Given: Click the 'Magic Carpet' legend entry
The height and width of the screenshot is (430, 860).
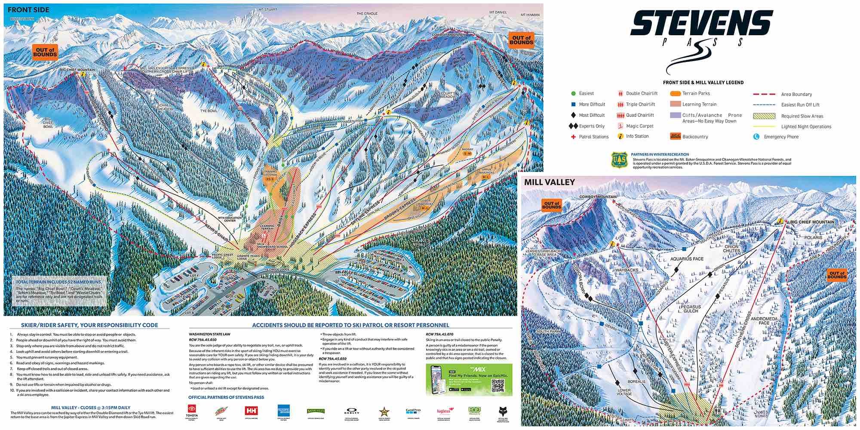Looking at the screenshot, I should tap(639, 126).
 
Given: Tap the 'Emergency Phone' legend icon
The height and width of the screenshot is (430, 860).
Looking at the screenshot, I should tap(756, 137).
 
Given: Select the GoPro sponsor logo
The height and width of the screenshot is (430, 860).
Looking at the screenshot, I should tap(413, 411).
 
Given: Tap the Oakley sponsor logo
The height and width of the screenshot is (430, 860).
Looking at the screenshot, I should tap(352, 411).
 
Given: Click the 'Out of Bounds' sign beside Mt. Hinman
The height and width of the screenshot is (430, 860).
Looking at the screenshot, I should tap(521, 40).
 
